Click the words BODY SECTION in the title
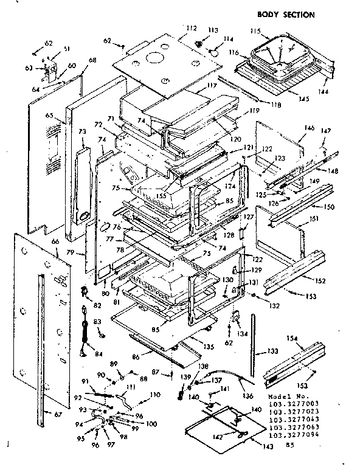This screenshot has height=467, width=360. click(x=286, y=15)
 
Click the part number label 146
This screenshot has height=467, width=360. click(x=309, y=128)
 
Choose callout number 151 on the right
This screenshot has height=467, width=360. click(x=314, y=219)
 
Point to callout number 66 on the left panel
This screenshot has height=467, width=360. click(x=55, y=242)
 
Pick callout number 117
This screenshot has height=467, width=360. click(x=211, y=86)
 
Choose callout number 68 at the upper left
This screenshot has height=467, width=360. click(x=92, y=60)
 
